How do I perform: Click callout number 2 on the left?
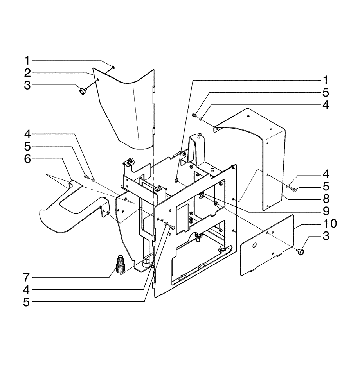point(27,73)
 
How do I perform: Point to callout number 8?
point(325,198)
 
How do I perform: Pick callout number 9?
point(325,211)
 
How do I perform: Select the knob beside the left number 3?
point(83,91)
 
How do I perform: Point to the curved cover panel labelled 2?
point(125,109)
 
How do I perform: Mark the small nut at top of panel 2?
point(112,67)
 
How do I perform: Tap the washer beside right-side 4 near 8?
point(289,187)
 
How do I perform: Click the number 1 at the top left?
point(27,61)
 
